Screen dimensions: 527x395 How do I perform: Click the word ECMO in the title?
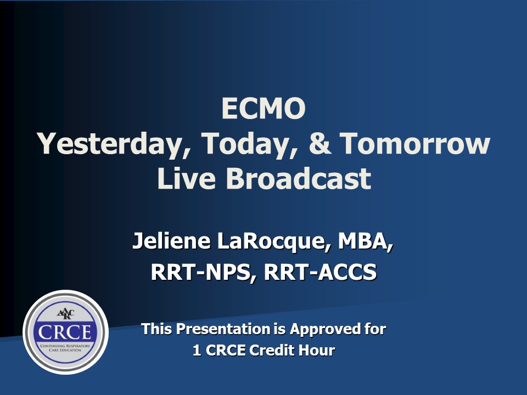coord(263,108)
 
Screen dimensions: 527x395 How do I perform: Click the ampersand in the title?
coord(319,143)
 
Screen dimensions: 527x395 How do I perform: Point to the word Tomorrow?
coord(415,143)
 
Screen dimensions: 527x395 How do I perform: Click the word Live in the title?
coord(186,178)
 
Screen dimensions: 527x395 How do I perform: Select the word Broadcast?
coord(299,178)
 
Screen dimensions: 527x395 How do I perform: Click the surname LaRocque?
coord(273,242)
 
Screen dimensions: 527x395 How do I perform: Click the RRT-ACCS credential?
coord(320,272)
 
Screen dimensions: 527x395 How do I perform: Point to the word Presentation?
coord(223,329)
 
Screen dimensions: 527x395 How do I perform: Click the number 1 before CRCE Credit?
coord(197,351)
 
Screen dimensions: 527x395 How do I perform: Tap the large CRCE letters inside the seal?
coord(65,332)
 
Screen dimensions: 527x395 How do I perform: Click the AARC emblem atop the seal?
coord(65,314)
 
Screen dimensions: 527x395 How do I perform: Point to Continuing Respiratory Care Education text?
coord(65,348)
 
